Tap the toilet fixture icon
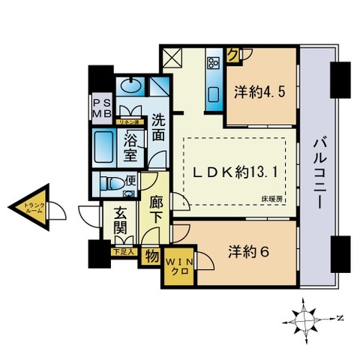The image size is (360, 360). tap(109, 183)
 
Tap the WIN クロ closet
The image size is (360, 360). tap(178, 265)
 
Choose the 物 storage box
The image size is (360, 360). tap(151, 256)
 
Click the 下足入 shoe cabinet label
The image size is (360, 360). tap(123, 251)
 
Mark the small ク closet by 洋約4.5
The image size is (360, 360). tap(233, 54)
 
